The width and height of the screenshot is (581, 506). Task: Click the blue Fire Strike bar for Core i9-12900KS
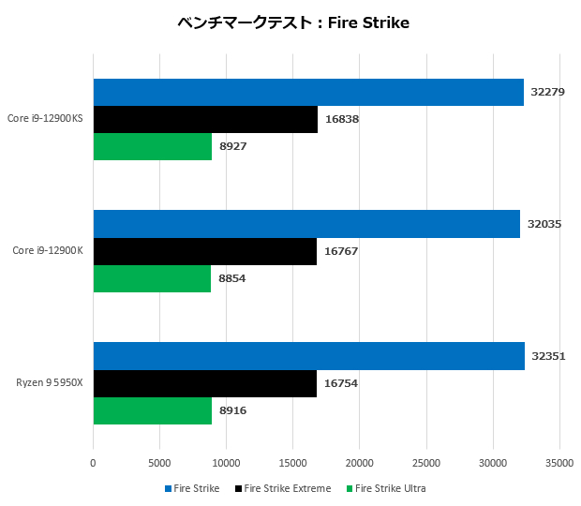(x=308, y=92)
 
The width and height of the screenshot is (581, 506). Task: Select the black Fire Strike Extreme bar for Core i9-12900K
(x=204, y=251)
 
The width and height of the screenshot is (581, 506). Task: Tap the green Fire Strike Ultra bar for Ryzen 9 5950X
(x=153, y=410)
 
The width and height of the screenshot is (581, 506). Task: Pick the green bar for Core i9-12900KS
(x=153, y=146)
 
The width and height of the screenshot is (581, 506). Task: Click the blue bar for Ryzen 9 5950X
(x=308, y=356)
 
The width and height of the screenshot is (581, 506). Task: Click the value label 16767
(x=340, y=251)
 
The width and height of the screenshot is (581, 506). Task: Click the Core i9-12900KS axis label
(x=45, y=119)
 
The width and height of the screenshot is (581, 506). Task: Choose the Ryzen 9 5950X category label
(x=50, y=383)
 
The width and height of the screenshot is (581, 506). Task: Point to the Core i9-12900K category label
(x=49, y=251)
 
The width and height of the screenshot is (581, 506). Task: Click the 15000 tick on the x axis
(x=292, y=463)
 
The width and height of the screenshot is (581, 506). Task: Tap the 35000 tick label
(x=559, y=463)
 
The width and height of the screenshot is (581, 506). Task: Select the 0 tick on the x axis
(x=93, y=463)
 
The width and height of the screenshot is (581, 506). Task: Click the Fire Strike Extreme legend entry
(x=287, y=488)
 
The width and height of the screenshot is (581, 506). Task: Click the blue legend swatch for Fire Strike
(x=168, y=488)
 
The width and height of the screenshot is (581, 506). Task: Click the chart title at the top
(x=293, y=22)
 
